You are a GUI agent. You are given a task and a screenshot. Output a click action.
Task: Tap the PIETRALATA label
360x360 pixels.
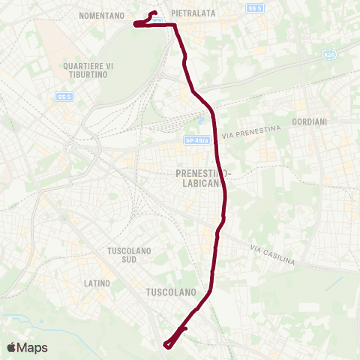(193, 13)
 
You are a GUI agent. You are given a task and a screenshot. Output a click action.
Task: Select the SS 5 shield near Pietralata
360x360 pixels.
(256, 8)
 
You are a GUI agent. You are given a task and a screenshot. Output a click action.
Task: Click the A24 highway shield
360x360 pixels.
(328, 55)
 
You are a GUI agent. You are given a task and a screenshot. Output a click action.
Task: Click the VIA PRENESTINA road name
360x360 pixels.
(250, 133)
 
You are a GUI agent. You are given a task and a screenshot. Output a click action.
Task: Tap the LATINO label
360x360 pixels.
(97, 283)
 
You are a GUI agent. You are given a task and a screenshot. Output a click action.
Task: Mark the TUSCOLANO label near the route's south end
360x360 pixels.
(171, 291)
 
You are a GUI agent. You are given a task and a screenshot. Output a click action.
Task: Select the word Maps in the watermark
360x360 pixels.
(33, 348)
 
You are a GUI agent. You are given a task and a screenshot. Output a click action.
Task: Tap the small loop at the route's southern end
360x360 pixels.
(169, 342)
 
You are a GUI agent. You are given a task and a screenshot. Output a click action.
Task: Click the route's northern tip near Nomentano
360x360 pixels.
(154, 13)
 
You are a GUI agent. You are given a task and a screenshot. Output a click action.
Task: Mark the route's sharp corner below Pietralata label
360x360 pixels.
(175, 25)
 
